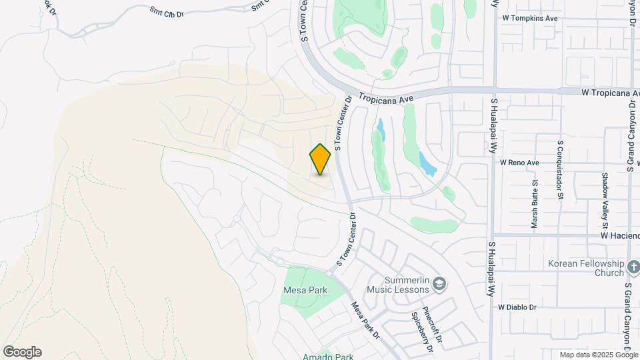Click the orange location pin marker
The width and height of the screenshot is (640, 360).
[x=321, y=159]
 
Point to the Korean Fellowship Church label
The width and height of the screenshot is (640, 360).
[x=585, y=268]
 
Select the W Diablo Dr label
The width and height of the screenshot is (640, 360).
[x=517, y=307]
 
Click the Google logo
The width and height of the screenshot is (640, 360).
[x=22, y=352]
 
